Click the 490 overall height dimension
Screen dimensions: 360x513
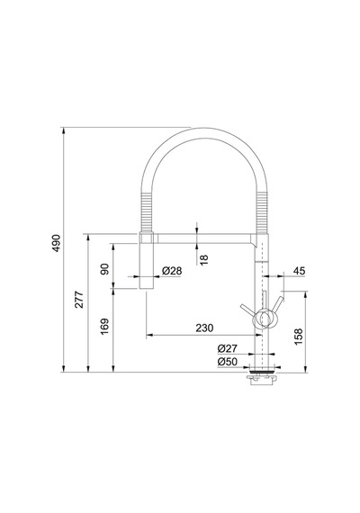click(x=57, y=243)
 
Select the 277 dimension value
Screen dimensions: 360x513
click(x=79, y=299)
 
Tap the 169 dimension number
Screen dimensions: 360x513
click(x=104, y=326)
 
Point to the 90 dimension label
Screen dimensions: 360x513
click(x=104, y=269)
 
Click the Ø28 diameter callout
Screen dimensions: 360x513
click(x=172, y=271)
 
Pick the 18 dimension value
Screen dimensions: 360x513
click(x=203, y=260)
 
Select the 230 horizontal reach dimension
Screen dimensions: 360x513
click(x=204, y=328)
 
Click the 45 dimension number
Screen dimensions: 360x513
click(x=299, y=271)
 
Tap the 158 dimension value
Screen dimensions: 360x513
click(x=299, y=337)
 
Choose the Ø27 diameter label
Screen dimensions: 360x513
click(x=227, y=348)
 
